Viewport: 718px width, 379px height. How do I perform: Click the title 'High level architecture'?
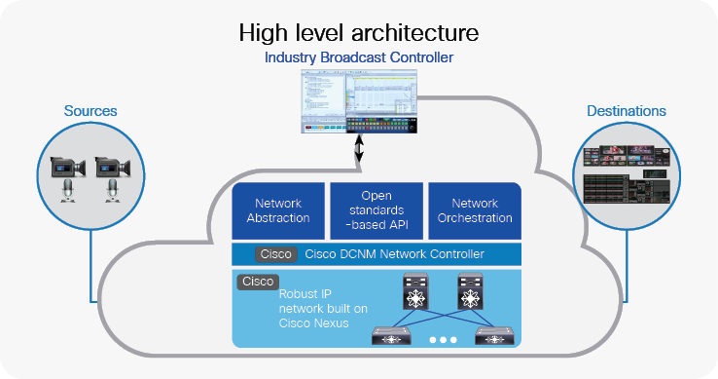[x=359, y=32]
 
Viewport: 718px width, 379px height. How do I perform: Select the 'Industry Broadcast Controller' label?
[x=359, y=58]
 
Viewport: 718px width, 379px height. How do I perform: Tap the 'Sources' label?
[x=90, y=111]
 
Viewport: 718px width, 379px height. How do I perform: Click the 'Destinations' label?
[x=627, y=111]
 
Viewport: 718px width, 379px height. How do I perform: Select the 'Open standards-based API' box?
[x=376, y=210]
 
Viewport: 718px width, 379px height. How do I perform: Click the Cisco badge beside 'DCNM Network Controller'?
[x=273, y=254]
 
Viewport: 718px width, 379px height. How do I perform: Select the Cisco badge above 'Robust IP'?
[x=256, y=282]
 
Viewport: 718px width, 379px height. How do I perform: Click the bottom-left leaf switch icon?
[x=393, y=336]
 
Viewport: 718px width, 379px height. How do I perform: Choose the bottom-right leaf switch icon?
[x=493, y=336]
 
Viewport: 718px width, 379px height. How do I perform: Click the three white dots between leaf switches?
[x=443, y=340]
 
